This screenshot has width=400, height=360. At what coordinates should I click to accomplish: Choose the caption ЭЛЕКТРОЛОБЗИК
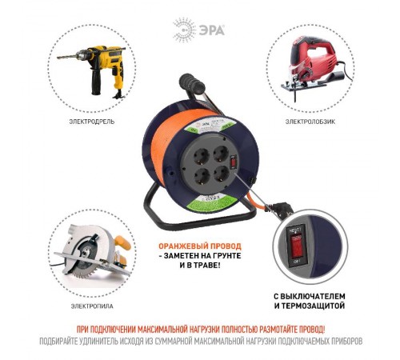(x=308, y=122)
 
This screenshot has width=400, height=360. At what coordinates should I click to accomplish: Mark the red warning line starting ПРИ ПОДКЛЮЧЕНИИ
(x=200, y=329)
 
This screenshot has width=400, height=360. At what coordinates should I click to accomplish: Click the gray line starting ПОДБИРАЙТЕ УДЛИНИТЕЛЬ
(x=200, y=341)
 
